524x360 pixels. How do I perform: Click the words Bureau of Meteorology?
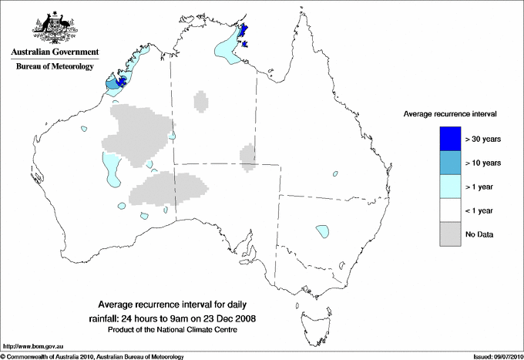[55, 67]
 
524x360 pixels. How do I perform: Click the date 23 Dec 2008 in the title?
[230, 318]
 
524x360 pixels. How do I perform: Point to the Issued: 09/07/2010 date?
[493, 356]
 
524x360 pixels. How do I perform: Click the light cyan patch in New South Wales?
[323, 230]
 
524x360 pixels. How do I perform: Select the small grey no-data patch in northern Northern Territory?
[202, 100]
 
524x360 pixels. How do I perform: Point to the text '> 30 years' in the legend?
[483, 139]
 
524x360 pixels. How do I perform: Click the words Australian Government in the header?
[55, 52]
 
